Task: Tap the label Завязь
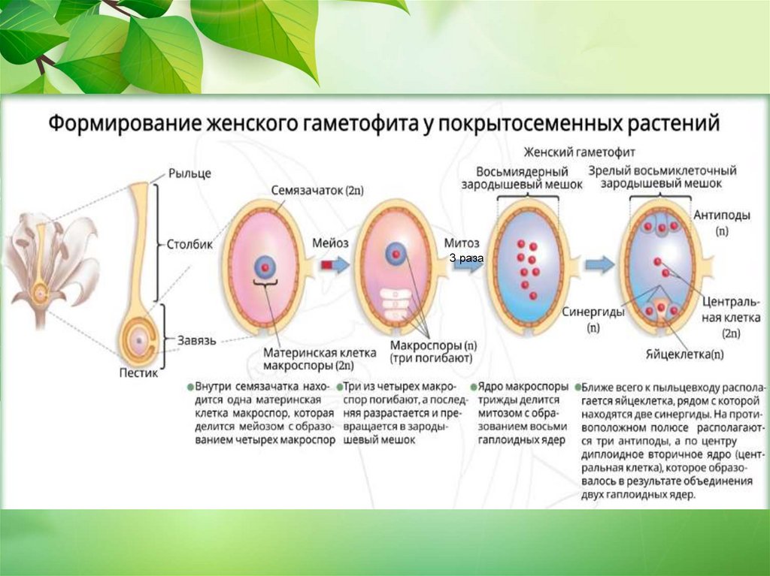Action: point(196,340)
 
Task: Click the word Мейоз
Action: point(330,243)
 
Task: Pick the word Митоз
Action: point(461,243)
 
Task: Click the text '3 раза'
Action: point(466,258)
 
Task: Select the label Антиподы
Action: point(721,215)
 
